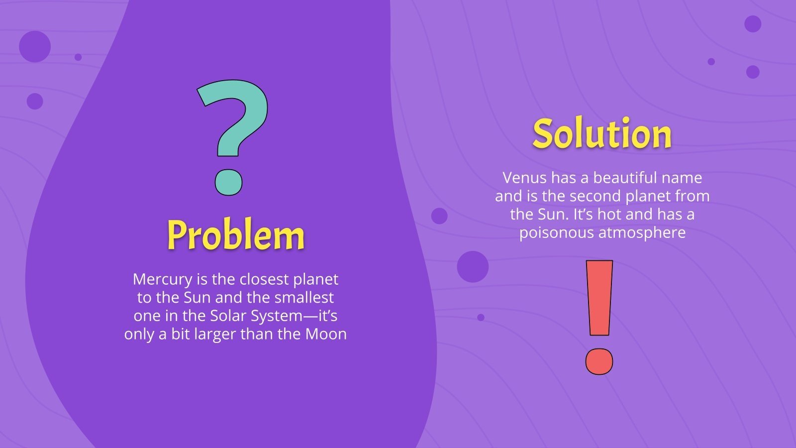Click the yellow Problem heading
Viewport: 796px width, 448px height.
tap(235, 235)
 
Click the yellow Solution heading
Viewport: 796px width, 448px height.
tap(602, 133)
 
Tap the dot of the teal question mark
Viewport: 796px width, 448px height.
tap(228, 182)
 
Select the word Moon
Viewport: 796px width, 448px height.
tap(326, 334)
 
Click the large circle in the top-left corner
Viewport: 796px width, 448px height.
tap(35, 46)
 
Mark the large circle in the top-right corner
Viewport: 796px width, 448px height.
tap(752, 23)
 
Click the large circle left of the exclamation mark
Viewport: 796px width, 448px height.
tap(473, 267)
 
